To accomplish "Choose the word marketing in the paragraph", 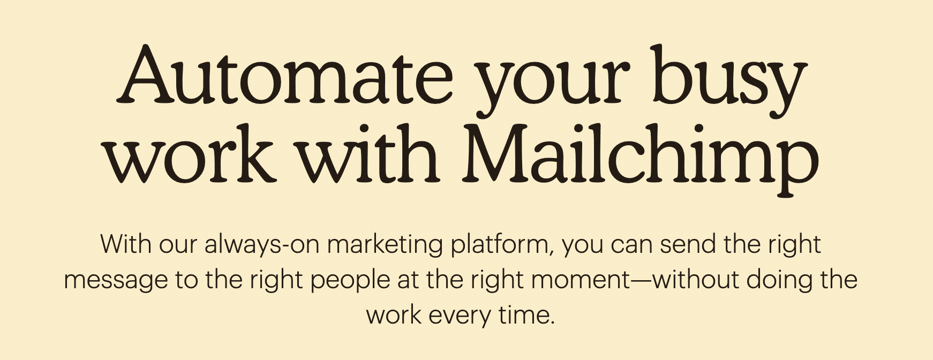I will (x=385, y=245).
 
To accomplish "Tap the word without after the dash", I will (x=696, y=280).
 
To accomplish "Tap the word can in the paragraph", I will (x=631, y=245).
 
